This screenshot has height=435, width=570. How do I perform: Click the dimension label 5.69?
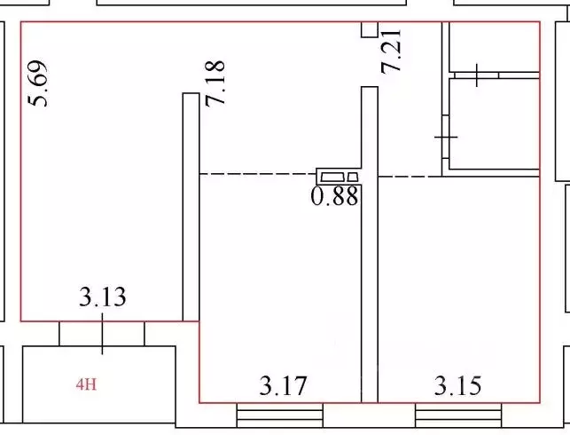coord(38,83)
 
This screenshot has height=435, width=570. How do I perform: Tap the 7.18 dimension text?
coord(215,83)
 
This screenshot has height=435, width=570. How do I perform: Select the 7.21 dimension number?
coord(391,51)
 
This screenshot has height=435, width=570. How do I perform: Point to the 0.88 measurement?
coord(334,196)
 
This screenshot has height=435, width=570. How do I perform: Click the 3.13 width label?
coord(103,297)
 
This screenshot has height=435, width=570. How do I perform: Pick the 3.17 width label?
coord(283,386)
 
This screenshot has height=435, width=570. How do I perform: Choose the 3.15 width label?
coord(458,386)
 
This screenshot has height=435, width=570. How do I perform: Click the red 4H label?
coord(87,384)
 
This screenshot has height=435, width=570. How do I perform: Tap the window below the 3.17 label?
coord(280,415)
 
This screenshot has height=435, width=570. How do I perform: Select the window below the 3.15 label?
coord(459,415)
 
